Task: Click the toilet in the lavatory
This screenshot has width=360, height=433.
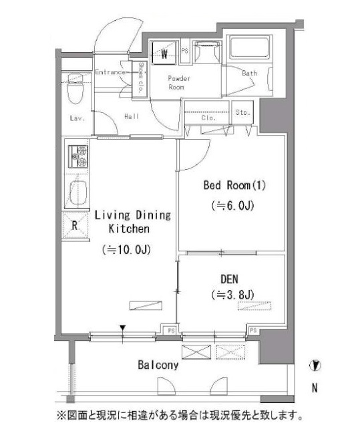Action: pos(75,88)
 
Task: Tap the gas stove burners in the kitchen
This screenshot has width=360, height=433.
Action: pos(78,156)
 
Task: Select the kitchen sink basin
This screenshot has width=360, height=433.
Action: pos(78,192)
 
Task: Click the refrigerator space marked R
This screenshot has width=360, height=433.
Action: pos(75,225)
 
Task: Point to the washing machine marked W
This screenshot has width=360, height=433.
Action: pos(164,53)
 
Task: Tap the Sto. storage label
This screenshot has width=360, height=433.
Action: pos(242,112)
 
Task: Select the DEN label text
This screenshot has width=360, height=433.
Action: pos(229,279)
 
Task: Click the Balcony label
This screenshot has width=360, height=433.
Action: pos(158,365)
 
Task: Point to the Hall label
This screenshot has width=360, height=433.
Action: pos(132,116)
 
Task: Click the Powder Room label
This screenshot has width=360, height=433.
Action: pos(179,83)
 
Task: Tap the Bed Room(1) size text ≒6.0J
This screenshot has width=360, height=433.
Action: pos(232,206)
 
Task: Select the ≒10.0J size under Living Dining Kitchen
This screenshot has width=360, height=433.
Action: pos(126,250)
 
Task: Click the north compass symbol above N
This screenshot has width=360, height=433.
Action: pos(315,366)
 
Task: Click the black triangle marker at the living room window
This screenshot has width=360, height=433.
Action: pos(123,328)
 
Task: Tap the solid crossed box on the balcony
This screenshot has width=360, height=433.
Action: pos(196,352)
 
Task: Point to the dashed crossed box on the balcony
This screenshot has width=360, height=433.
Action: pos(230,352)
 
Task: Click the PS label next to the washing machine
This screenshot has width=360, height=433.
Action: pos(185,51)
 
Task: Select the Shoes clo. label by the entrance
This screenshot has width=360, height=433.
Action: pos(140,78)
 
